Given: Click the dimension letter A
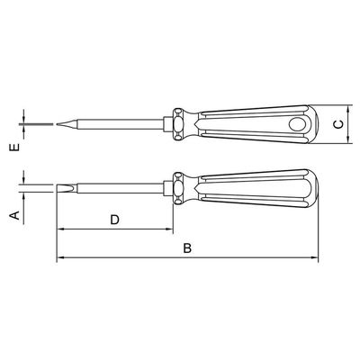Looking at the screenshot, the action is click(x=15, y=215).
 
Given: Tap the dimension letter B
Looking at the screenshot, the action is click(x=187, y=248).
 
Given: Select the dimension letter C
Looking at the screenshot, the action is click(x=338, y=124).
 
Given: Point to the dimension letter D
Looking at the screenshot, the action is click(x=114, y=220).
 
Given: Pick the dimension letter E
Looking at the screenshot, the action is click(x=15, y=148).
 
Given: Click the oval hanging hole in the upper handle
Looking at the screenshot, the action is click(x=297, y=124).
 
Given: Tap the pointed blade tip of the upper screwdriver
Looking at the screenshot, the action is click(x=57, y=124).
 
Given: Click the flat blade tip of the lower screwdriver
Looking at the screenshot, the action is click(x=58, y=188).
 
